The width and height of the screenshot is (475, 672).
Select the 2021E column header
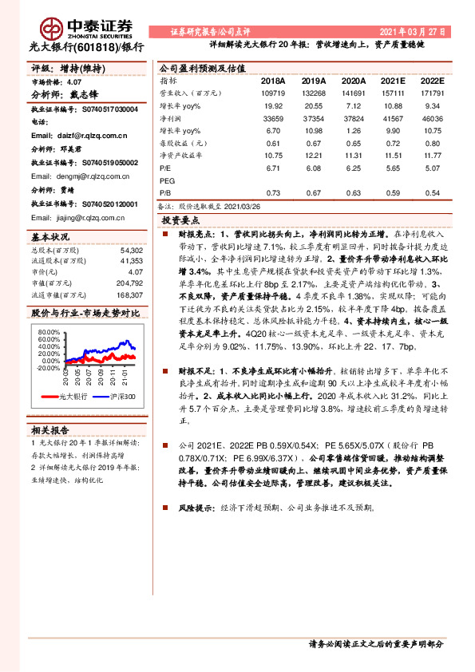coord(392,81)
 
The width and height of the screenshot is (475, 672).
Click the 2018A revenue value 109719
coord(272,93)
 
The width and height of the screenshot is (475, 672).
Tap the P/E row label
coord(166,169)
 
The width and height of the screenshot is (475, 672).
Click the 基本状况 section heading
coord(51,237)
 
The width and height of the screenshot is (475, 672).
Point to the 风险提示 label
coord(196,507)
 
